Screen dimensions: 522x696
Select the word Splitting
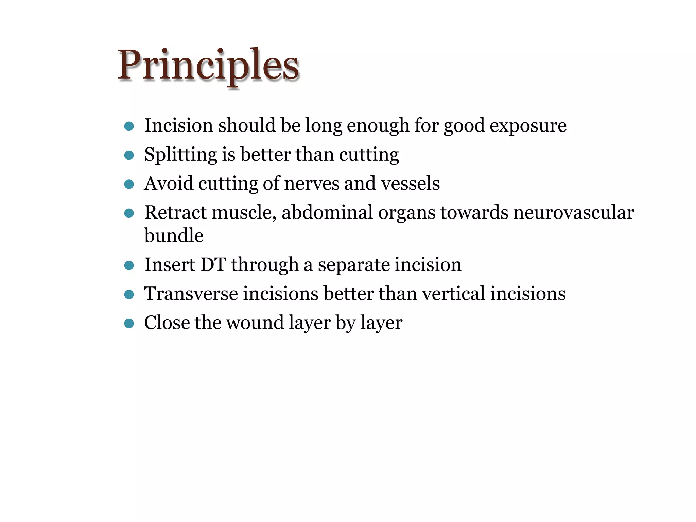[x=180, y=155]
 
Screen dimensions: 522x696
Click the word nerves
[x=312, y=184]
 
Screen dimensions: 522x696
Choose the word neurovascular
[x=573, y=213]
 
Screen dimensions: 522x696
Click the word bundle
[x=174, y=236]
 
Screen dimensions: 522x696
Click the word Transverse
[x=191, y=294]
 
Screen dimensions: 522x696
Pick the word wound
[x=255, y=323]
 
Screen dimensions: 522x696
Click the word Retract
[x=175, y=213]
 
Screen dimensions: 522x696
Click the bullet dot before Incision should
[x=129, y=126]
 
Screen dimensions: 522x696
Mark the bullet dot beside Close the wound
[x=129, y=323]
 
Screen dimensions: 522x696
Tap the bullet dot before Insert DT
[x=129, y=265]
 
